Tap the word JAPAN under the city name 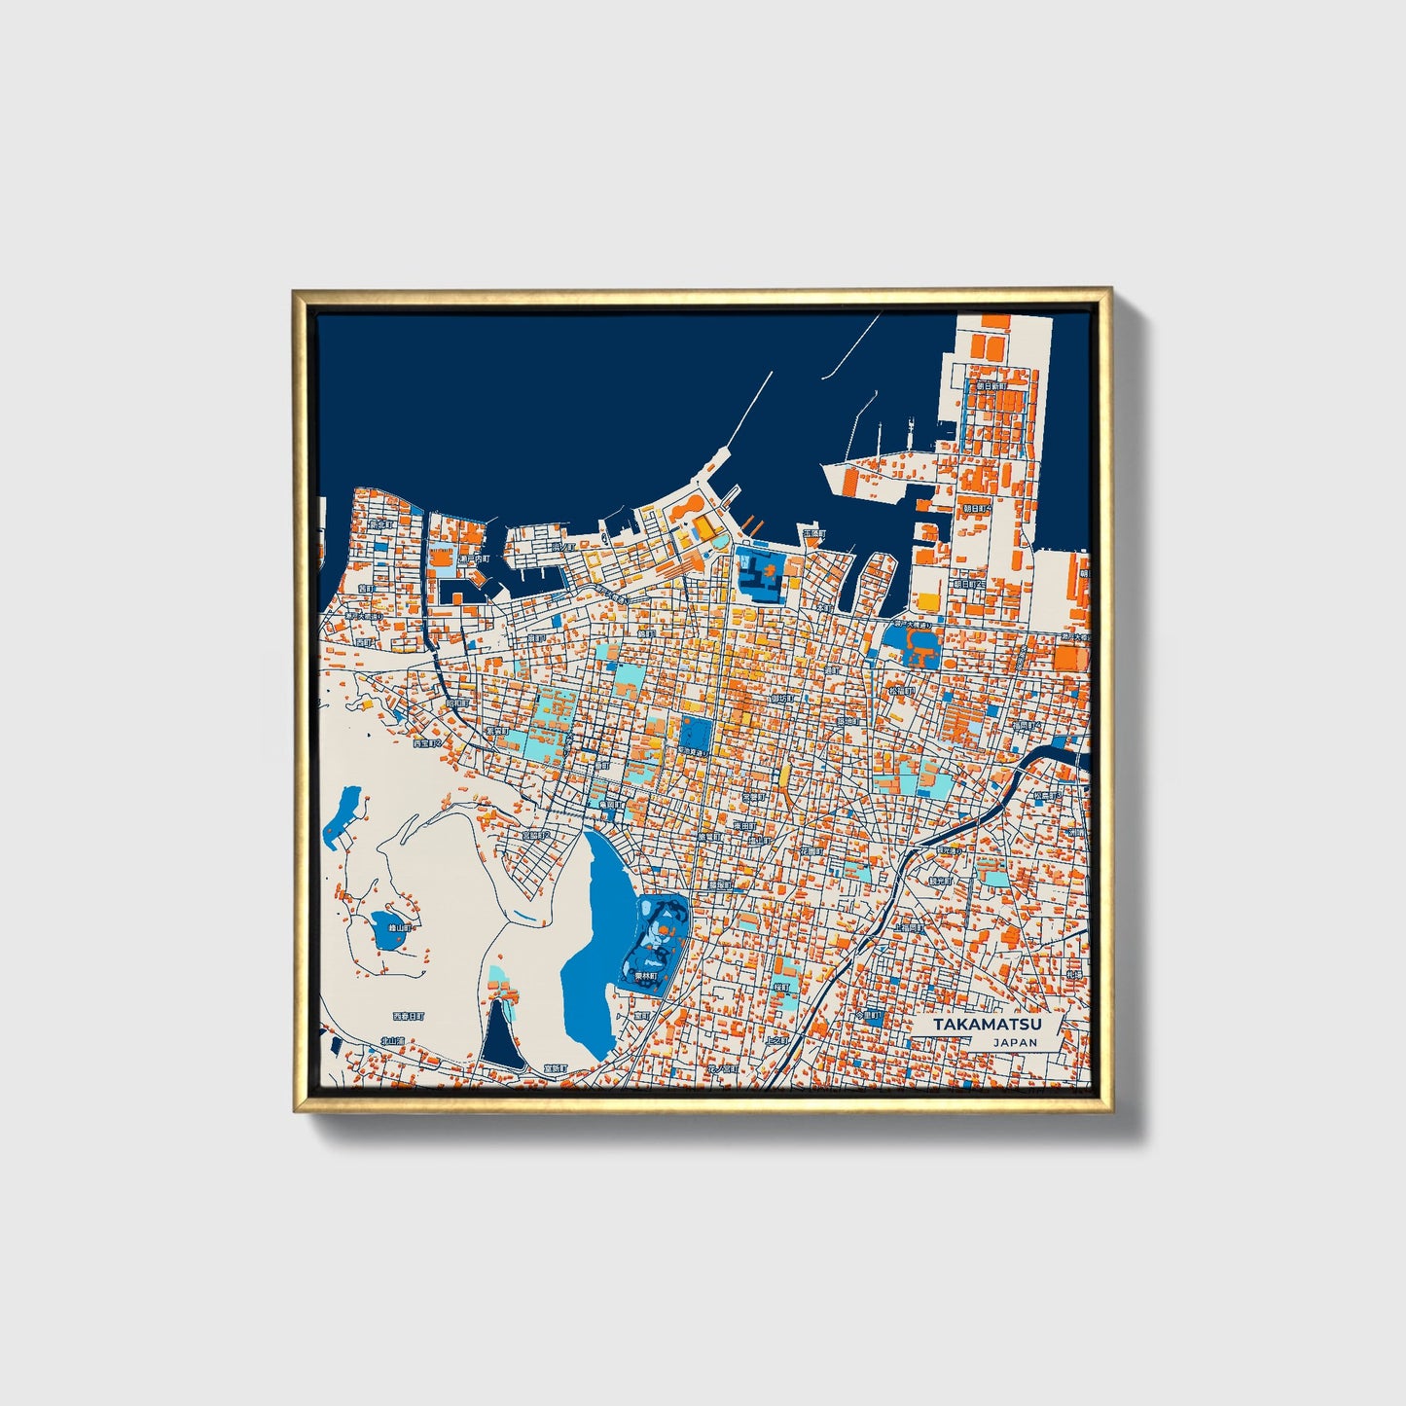click(1015, 1042)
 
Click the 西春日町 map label click(409, 1016)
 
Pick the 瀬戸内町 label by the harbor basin click(474, 559)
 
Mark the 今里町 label click(868, 1015)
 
